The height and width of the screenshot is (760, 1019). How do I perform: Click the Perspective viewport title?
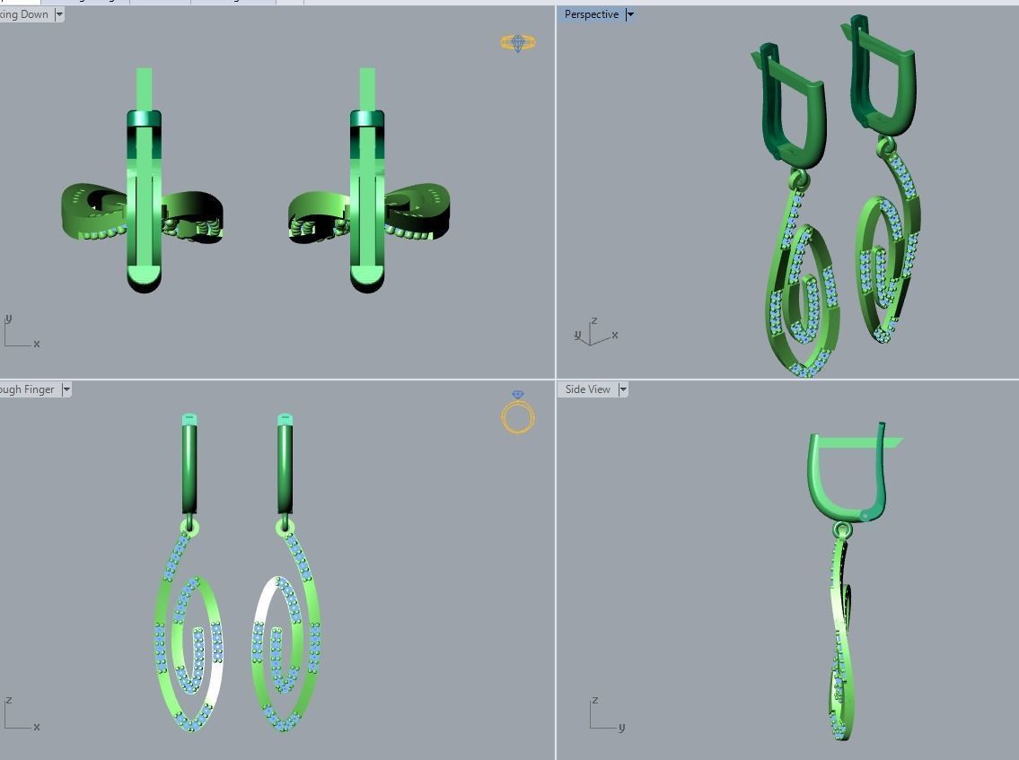pyautogui.click(x=591, y=14)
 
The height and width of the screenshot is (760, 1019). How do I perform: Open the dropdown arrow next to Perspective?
pyautogui.click(x=630, y=14)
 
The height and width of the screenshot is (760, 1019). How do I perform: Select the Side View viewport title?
pyautogui.click(x=587, y=389)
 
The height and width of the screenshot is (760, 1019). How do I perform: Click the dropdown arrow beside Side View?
pyautogui.click(x=623, y=389)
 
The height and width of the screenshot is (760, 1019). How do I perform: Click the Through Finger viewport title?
pyautogui.click(x=27, y=389)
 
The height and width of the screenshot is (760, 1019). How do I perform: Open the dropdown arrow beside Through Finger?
pyautogui.click(x=66, y=389)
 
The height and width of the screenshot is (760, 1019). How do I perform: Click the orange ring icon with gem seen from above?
pyautogui.click(x=518, y=42)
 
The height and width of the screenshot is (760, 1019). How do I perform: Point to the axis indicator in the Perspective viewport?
pyautogui.click(x=593, y=333)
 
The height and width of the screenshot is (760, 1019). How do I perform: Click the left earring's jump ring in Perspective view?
pyautogui.click(x=799, y=180)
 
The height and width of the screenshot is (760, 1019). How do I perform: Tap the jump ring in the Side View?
pyautogui.click(x=841, y=529)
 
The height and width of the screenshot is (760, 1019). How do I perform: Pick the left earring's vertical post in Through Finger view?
pyautogui.click(x=189, y=467)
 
